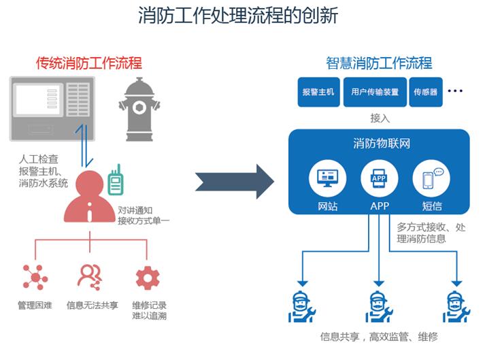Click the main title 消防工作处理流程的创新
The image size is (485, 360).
241,16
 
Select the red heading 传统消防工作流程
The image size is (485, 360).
89,63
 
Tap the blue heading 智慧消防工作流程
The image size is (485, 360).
379,63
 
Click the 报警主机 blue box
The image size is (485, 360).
318,92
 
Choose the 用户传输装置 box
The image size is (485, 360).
375,92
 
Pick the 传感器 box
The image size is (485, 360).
426,92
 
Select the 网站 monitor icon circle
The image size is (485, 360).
323,179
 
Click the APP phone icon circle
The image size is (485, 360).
379,179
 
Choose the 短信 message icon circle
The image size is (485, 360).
432,179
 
